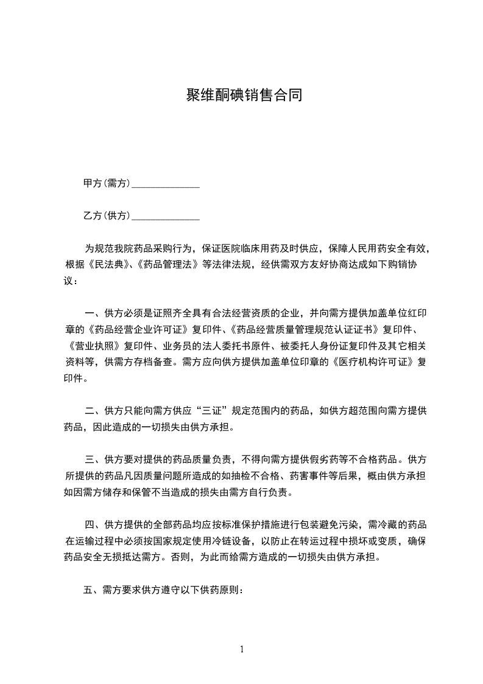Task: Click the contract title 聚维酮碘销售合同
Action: click(x=244, y=96)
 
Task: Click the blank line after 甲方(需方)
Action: click(x=166, y=183)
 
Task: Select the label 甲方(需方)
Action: click(x=107, y=183)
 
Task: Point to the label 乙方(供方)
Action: click(x=107, y=215)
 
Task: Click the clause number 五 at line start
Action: click(x=88, y=590)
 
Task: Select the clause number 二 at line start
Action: click(x=88, y=411)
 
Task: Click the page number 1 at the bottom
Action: click(x=242, y=649)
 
